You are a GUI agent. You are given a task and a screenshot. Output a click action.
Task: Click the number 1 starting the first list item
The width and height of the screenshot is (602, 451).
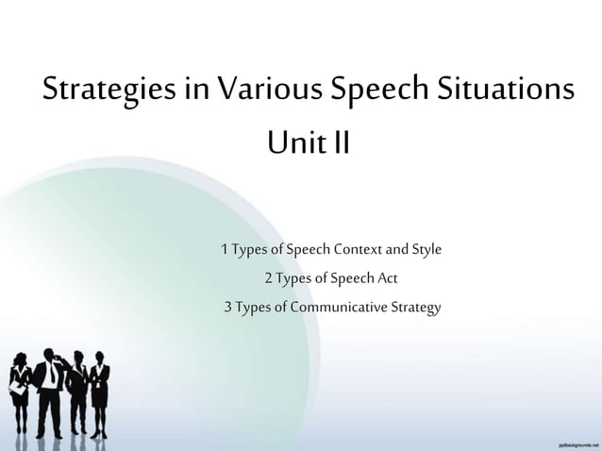click(224, 250)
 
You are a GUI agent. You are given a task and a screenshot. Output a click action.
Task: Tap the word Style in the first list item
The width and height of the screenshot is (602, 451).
click(426, 250)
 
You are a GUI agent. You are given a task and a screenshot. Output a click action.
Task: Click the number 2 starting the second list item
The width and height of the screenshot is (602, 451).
click(269, 278)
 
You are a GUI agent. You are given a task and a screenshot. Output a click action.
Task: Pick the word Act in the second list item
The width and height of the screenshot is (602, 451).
click(387, 278)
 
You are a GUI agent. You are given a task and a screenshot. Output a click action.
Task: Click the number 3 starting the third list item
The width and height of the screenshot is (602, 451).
click(227, 308)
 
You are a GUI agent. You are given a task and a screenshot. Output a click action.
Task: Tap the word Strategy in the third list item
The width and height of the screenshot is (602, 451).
click(418, 308)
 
